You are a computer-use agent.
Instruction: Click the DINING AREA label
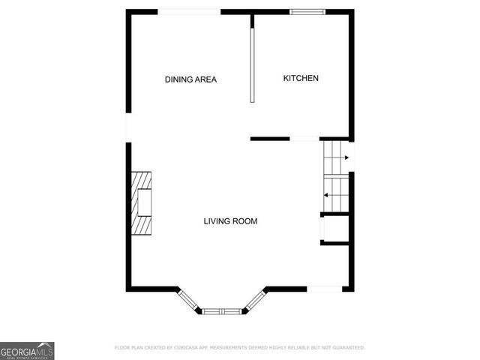click(190, 79)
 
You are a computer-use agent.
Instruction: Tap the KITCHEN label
click(301, 78)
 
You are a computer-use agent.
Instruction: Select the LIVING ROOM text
click(230, 221)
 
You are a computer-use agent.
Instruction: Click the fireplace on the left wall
click(141, 204)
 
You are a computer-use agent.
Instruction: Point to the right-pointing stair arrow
click(346, 157)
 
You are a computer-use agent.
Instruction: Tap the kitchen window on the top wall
click(307, 11)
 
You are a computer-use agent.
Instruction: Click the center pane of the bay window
click(221, 310)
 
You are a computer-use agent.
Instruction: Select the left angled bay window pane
click(189, 301)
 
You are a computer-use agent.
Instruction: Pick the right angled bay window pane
click(255, 301)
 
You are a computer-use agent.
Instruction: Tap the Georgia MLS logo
click(27, 350)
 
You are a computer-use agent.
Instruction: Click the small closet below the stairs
click(334, 228)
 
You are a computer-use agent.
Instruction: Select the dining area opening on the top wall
click(189, 11)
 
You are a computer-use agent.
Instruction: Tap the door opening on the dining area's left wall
click(128, 127)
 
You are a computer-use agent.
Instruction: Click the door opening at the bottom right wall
click(325, 288)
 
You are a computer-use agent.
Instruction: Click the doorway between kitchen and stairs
click(305, 139)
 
